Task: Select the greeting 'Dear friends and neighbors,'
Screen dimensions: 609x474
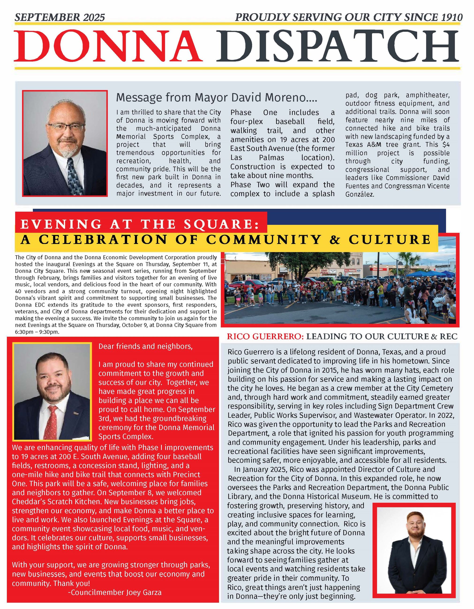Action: [145, 346]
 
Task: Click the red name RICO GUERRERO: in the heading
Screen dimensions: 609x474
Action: [265, 337]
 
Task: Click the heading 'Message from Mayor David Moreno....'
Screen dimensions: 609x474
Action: [217, 98]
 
